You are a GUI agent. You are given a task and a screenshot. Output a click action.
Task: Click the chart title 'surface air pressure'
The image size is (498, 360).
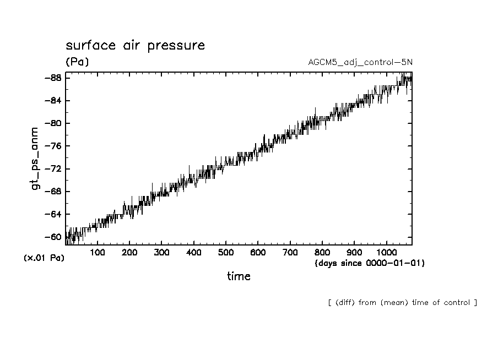(135, 45)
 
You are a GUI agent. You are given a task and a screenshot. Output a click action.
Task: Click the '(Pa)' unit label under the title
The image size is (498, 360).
(77, 62)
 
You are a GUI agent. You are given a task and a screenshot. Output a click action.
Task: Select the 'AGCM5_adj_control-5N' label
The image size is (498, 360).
(360, 62)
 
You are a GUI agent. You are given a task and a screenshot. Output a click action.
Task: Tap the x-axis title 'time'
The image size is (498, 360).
(239, 276)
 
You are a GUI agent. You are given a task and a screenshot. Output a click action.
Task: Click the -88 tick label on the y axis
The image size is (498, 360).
(52, 78)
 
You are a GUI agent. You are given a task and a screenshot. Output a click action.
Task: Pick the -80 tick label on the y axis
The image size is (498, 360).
(52, 123)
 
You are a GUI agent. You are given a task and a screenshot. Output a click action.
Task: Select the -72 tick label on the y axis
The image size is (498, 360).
(52, 169)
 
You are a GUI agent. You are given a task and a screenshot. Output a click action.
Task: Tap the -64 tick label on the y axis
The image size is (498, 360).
(52, 214)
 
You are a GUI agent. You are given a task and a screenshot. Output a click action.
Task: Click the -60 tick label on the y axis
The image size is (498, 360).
(52, 237)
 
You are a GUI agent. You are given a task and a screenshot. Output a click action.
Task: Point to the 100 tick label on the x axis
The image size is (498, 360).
(98, 253)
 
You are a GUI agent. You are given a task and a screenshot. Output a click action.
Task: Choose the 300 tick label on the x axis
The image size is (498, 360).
(161, 253)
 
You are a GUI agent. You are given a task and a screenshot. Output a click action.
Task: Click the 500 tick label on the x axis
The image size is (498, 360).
(226, 253)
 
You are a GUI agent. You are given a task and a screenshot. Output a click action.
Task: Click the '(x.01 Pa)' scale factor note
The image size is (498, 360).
(44, 258)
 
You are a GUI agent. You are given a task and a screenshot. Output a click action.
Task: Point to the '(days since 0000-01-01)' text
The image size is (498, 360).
(369, 263)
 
